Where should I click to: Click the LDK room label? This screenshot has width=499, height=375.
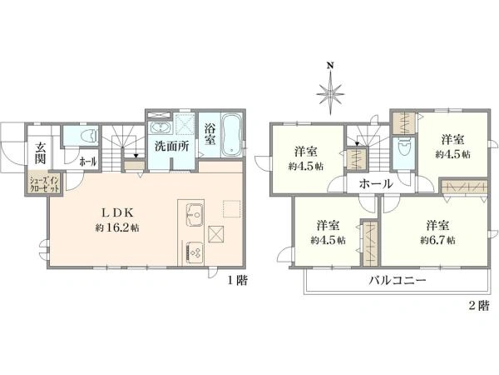116,212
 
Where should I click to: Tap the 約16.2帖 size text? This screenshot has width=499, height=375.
116,228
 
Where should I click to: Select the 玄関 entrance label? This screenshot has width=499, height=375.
40,153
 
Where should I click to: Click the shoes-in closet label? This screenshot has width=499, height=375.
44,184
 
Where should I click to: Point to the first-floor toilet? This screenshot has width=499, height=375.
89,136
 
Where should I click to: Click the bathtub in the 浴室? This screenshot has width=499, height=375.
231,135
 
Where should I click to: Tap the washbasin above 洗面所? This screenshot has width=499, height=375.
161,127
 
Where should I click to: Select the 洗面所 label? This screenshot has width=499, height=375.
172,147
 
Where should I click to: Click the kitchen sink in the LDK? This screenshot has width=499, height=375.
195,215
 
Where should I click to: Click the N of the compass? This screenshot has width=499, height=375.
331,66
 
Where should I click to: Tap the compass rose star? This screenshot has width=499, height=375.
331,93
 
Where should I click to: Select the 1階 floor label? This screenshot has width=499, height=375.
237,281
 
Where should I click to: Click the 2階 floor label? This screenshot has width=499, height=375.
479,306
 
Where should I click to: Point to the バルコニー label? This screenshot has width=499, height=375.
398,281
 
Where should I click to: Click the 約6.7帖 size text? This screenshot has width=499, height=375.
437,240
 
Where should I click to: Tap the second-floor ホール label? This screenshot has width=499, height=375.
376,183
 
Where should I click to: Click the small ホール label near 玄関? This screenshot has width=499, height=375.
88,162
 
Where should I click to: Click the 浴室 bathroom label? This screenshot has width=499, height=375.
210,134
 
